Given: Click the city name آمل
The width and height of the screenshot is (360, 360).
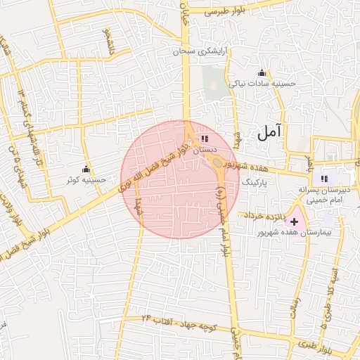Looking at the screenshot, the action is [270, 130].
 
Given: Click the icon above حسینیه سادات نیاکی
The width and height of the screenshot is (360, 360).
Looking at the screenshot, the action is [262, 72].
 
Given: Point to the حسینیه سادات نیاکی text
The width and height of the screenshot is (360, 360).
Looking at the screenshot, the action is [263, 83].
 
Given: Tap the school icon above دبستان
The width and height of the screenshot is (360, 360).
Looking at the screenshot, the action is [204, 139].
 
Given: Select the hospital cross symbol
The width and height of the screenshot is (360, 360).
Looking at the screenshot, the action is [293, 221].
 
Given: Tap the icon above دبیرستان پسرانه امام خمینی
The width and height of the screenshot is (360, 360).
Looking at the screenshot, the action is [324, 179].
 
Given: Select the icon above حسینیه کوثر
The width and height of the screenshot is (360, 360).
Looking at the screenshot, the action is [86, 169].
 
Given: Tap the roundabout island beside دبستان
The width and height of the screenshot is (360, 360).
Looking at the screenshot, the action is [218, 163].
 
